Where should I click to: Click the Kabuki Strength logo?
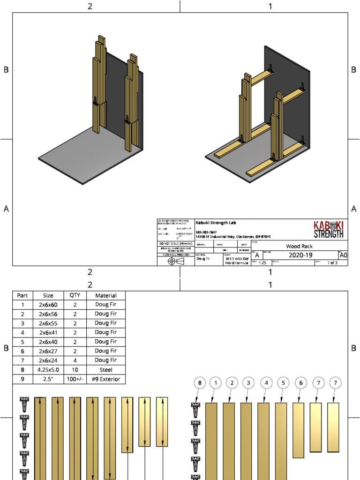pos(328,230)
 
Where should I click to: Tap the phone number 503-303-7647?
pos(206,232)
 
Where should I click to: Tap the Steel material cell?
pos(106,370)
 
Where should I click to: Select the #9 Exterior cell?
pos(106,379)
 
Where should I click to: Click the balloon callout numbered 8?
pos(200,383)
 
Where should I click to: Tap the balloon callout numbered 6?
pos(300,383)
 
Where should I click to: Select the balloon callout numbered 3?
pos(248,383)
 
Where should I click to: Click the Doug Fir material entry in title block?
pos(202,258)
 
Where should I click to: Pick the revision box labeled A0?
pos(343,255)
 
